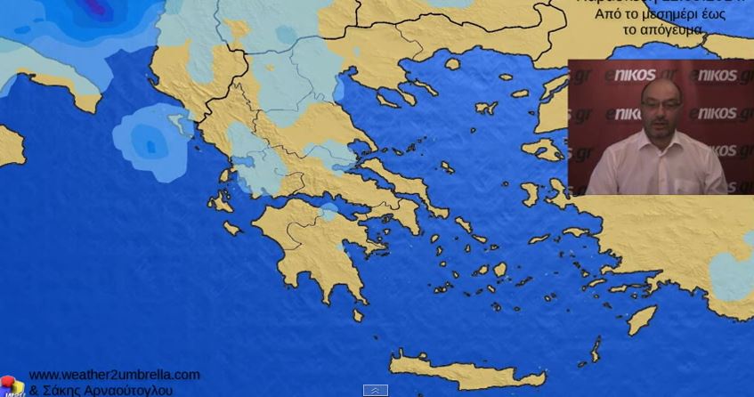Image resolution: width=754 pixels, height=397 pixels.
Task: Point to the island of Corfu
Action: pyautogui.click(x=179, y=125)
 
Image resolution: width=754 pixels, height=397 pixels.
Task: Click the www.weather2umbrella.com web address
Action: pyautogui.click(x=114, y=375)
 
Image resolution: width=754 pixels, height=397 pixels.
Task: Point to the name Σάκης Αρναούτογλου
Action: pyautogui.click(x=107, y=390)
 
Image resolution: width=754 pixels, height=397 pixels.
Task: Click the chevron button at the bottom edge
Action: pyautogui.click(x=376, y=390)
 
